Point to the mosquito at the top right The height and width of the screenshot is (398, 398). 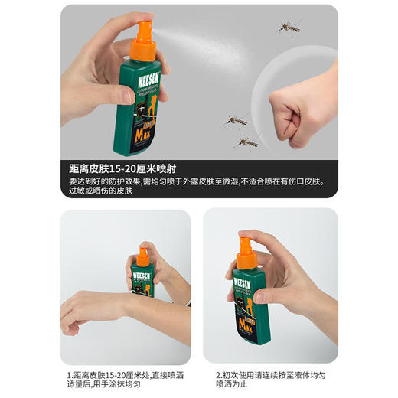[288, 29]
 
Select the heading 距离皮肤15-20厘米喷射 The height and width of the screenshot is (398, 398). [126, 169]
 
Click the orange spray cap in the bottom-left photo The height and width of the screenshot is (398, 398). [143, 254]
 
